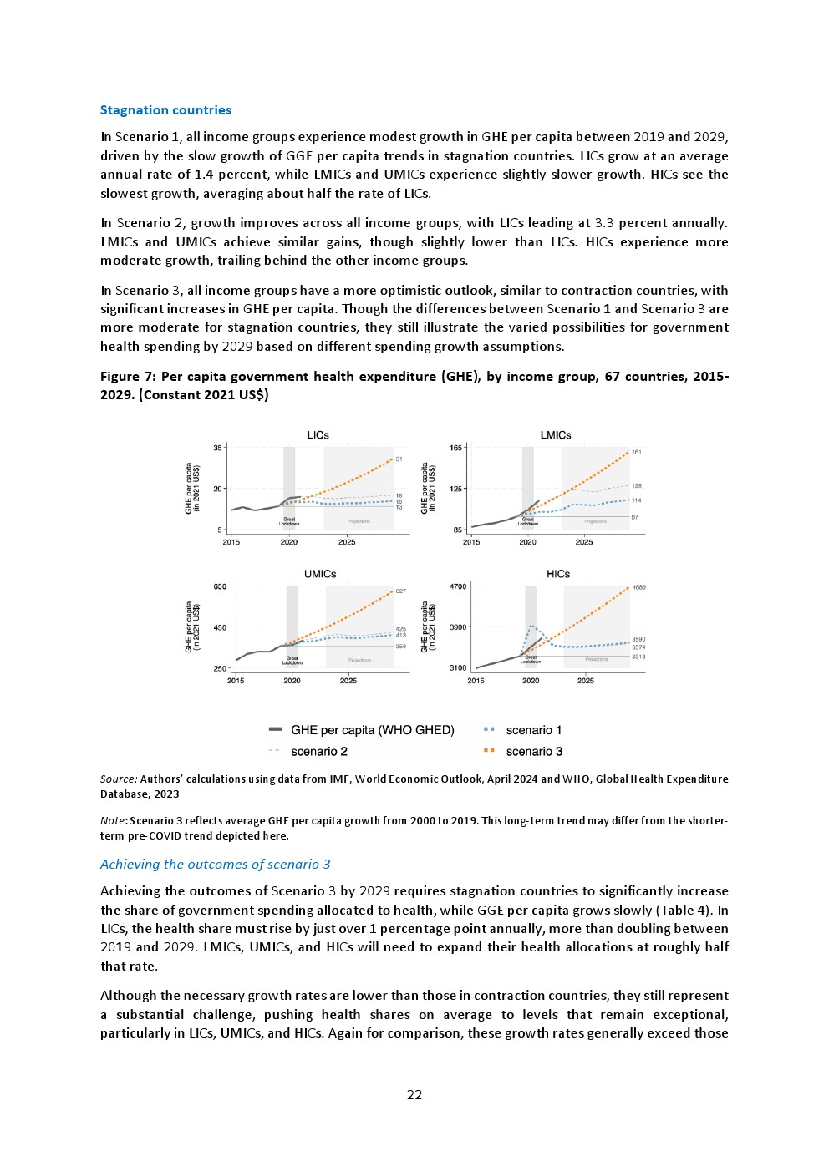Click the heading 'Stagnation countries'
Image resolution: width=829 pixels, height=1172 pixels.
coord(165,110)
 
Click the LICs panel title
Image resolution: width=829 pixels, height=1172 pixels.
coord(318,435)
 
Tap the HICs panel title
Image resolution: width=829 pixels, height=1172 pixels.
coord(558,574)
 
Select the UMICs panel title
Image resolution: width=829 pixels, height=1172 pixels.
coord(320,574)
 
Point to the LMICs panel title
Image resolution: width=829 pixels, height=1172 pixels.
coord(556,435)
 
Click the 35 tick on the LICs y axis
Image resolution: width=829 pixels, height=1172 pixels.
coord(217,448)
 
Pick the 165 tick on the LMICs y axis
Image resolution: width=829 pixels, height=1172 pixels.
coord(456,448)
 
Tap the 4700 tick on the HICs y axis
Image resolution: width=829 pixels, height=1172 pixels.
coord(458,586)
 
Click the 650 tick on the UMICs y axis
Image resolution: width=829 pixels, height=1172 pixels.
coord(220,586)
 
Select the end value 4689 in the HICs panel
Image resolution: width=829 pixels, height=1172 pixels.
coord(638,587)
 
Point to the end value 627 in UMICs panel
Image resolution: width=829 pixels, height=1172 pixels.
coord(401,591)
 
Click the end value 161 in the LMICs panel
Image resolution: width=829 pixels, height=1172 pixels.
coord(637,452)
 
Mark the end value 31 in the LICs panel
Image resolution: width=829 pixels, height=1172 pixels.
coord(399,459)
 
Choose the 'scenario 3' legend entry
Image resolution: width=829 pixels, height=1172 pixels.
coord(534,752)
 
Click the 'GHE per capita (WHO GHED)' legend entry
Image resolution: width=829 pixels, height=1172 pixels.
coord(372,730)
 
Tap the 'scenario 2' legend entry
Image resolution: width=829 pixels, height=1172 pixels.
coord(318,752)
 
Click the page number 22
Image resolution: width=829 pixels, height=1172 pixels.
coord(414,1095)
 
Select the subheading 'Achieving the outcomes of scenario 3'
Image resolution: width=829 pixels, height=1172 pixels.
coord(216,865)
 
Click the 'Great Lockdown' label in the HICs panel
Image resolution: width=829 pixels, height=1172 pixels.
coord(531,659)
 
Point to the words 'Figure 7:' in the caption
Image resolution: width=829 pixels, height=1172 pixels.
coord(128,377)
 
